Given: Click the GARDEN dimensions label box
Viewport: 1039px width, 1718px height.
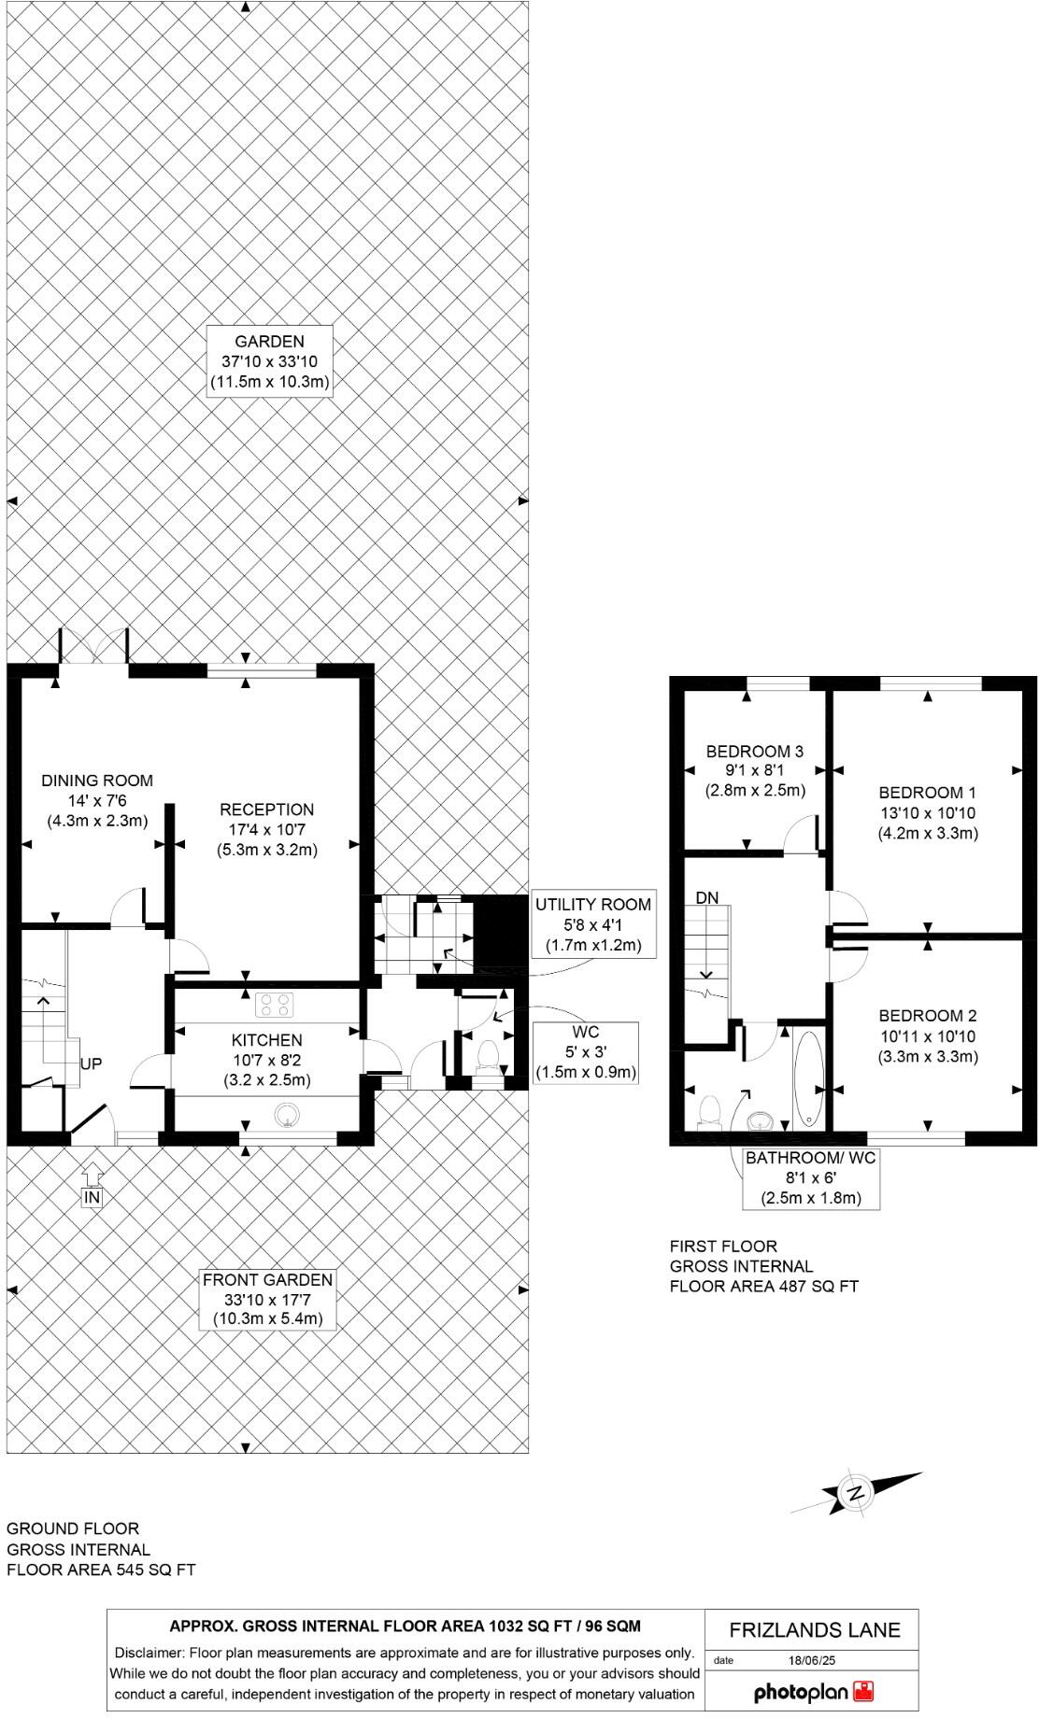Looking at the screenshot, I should [269, 361].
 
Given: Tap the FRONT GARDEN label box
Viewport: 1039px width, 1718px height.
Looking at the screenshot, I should [267, 1299].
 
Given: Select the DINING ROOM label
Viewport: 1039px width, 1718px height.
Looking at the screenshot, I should [97, 800].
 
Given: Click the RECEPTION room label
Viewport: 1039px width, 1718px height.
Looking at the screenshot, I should [266, 829].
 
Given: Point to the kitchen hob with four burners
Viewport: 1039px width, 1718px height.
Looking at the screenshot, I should [275, 1005].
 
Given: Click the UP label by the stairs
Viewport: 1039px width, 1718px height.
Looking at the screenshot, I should [91, 1063].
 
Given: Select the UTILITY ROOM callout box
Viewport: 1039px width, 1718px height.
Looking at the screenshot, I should [592, 924].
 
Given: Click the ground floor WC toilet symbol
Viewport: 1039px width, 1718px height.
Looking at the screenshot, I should [486, 1056].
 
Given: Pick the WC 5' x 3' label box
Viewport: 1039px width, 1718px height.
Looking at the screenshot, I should [585, 1052].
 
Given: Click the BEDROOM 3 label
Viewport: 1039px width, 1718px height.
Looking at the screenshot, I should [754, 770].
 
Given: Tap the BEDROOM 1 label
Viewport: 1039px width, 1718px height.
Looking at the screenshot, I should [927, 812].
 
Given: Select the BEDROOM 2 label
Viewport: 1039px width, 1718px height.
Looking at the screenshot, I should [927, 1035].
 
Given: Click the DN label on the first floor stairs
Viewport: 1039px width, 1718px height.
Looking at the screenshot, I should [707, 897].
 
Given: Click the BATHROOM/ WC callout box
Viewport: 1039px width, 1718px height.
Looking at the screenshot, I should [811, 1178].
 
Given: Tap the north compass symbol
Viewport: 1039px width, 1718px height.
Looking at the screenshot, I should [855, 1493].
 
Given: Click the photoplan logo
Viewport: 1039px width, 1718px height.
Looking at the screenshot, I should [813, 1692].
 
